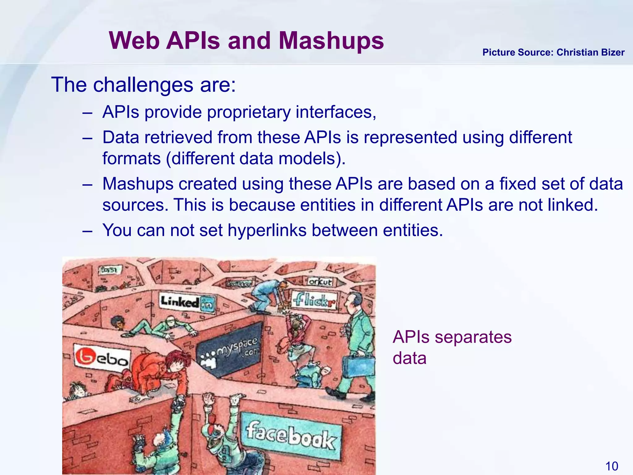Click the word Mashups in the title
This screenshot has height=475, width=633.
point(331,41)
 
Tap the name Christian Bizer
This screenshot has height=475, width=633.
point(590,53)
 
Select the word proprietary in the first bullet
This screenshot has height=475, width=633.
point(249,112)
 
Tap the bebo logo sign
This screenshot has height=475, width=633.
point(102,358)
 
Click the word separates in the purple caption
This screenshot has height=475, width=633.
point(473,337)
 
